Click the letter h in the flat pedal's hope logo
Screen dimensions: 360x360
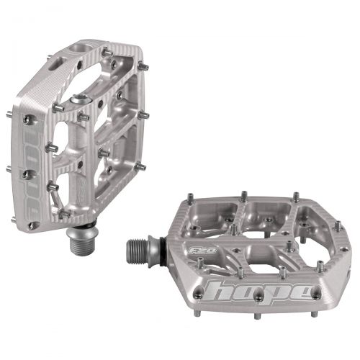tap(222, 293)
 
